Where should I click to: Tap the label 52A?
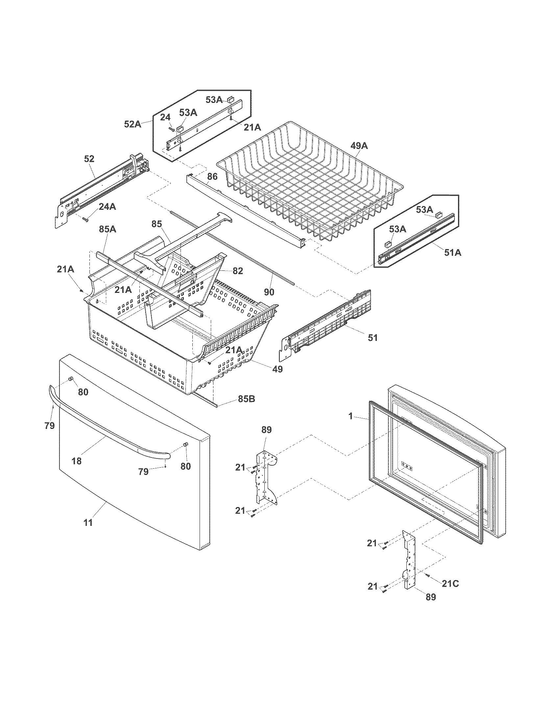[133, 124]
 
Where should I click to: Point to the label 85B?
[246, 399]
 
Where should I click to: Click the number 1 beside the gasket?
[351, 416]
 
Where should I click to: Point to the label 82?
[237, 271]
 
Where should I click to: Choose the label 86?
[212, 176]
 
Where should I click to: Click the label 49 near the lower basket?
[277, 369]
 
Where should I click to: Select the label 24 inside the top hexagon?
[165, 117]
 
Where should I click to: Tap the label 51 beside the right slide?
[373, 338]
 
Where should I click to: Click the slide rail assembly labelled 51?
[328, 324]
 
